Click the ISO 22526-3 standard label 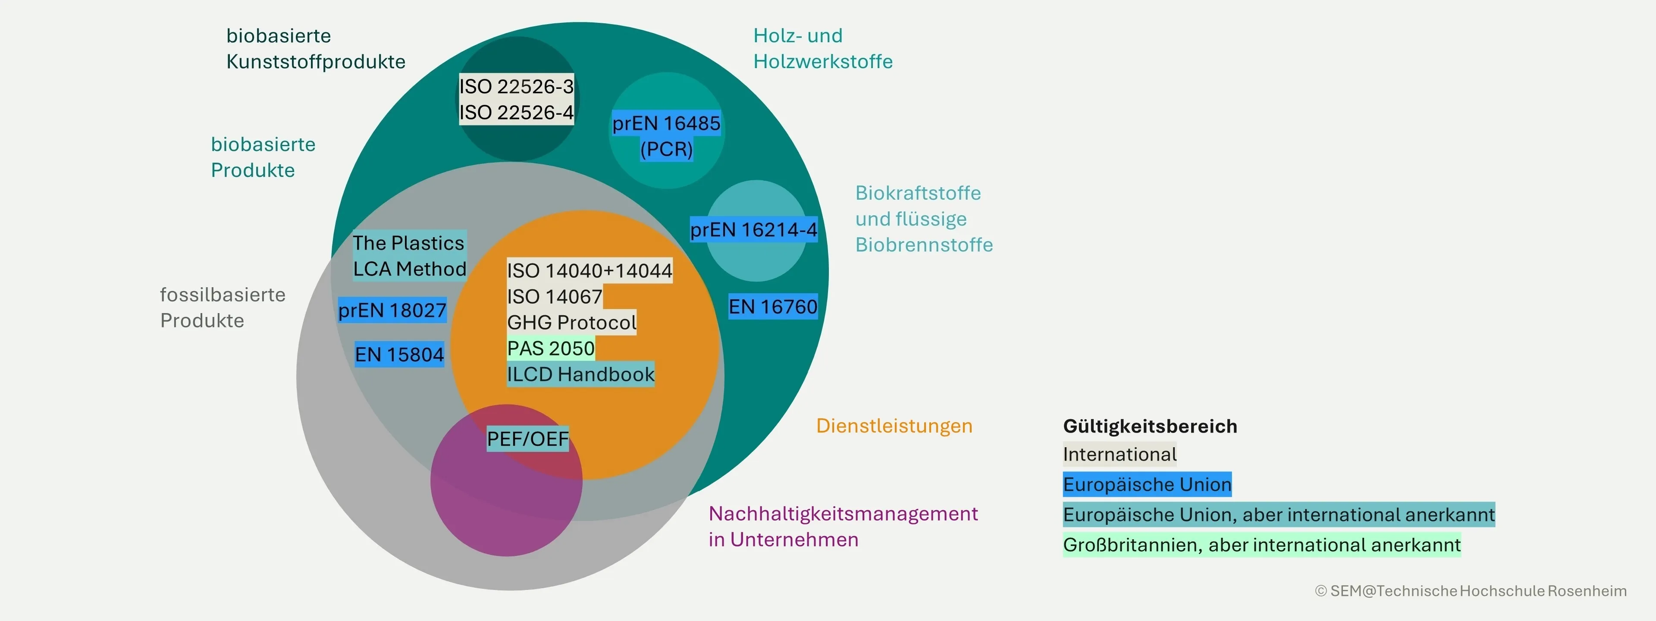[x=516, y=86]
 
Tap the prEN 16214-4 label [x=753, y=229]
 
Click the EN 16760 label [x=773, y=307]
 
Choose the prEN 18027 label [x=392, y=310]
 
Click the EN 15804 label [x=399, y=354]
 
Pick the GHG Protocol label [x=571, y=322]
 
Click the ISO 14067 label [x=554, y=296]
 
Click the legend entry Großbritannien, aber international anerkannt [x=1261, y=545]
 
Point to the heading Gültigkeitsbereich [x=1149, y=426]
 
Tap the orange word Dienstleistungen [x=894, y=426]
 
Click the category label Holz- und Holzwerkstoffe [x=822, y=49]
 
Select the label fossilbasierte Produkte [x=223, y=307]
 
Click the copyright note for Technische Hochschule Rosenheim [x=1471, y=591]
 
